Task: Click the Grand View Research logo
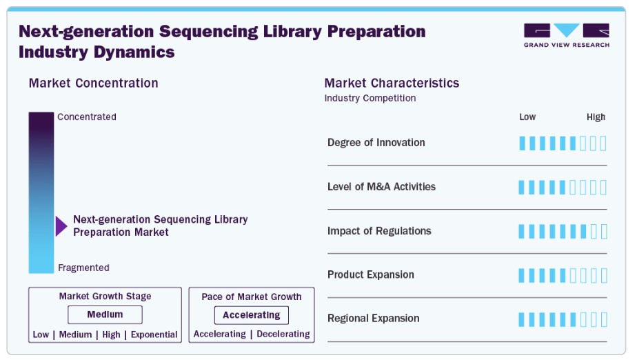[566, 35]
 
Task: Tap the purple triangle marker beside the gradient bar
[61, 226]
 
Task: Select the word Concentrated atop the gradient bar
[87, 117]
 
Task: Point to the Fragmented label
[83, 268]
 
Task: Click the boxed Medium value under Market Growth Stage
[105, 314]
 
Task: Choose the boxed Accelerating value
[252, 315]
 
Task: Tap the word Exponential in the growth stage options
[154, 334]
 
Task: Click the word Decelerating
[283, 334]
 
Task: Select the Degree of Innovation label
[376, 143]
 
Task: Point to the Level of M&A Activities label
[381, 186]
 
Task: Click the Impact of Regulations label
[379, 231]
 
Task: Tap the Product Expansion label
[371, 274]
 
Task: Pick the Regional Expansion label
[374, 318]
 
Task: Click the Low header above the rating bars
[527, 117]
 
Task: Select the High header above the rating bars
[596, 117]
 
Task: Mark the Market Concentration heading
[94, 83]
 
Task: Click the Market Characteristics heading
[392, 83]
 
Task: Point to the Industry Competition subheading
[370, 98]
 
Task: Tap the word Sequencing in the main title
[208, 32]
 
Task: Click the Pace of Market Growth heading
[252, 297]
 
